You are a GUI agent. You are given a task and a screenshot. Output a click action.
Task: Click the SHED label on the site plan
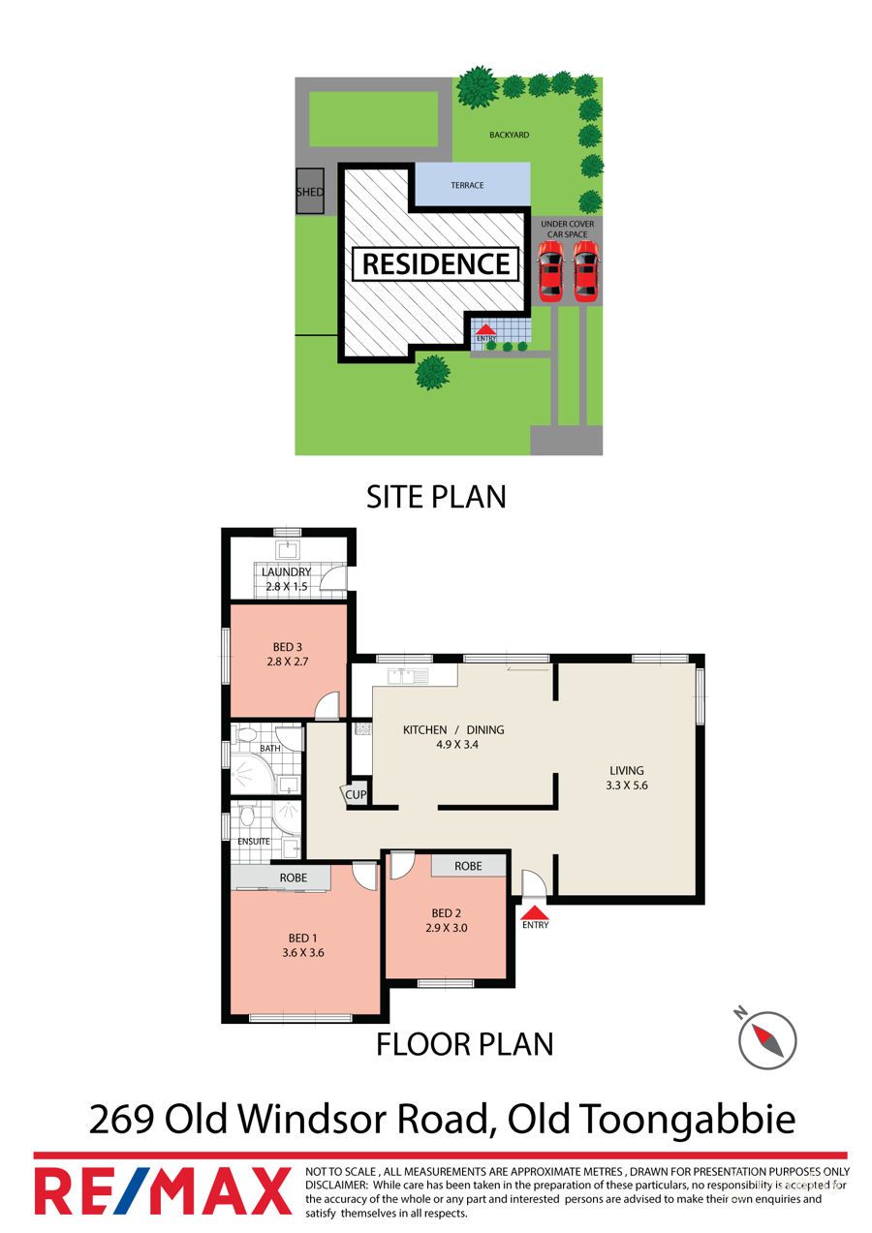coord(309,192)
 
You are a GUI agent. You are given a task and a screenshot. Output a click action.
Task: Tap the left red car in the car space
coord(549,270)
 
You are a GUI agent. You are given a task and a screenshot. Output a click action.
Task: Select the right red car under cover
coord(583,270)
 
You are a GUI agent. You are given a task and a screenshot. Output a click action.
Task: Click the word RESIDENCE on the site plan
coord(436,263)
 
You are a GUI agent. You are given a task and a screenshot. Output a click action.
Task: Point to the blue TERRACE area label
coord(467,185)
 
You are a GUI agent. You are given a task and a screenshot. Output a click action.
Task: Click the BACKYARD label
coord(509,136)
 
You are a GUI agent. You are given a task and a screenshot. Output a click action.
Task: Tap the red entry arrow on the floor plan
coord(535,911)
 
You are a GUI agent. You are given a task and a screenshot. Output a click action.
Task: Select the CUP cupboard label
coord(356,794)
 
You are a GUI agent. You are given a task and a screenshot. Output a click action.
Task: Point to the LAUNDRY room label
coord(286,571)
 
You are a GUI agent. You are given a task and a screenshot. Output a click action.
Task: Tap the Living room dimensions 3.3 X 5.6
coord(626,786)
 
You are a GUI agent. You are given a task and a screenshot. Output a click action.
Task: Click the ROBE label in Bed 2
coord(468,866)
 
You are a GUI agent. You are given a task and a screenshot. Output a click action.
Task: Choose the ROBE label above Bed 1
coord(293,878)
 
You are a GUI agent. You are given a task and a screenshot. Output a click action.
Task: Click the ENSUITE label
coord(254,842)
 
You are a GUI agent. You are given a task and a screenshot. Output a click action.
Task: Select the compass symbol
coord(766,1040)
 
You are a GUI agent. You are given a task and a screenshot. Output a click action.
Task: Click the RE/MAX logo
coord(163,1190)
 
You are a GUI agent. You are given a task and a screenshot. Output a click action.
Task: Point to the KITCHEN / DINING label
coord(453,729)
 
